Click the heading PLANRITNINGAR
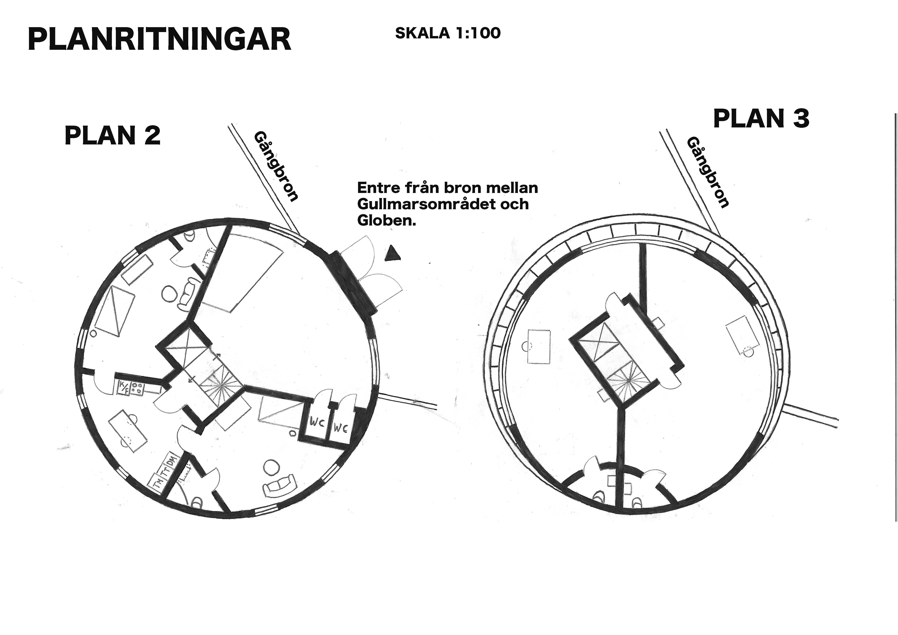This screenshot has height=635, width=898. (x=160, y=39)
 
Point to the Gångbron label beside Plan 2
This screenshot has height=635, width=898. (x=276, y=166)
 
